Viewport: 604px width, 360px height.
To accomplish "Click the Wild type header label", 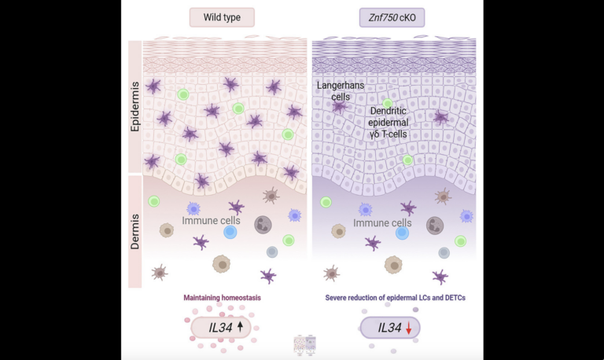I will coord(222,17).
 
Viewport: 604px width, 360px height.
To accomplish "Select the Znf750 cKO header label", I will coord(392,17).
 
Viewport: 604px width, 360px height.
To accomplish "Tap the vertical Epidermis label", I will coord(135,107).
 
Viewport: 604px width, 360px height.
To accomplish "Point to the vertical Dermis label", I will coord(135,231).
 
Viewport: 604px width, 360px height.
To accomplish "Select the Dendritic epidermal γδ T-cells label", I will coord(398,123).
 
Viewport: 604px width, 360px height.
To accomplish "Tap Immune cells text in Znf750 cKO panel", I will coord(382,223).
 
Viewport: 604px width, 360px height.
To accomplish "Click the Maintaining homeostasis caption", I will coord(222,299).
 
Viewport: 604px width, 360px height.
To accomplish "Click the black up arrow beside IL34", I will coord(240,325).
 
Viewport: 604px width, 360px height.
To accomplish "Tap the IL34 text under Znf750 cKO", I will coord(390,328).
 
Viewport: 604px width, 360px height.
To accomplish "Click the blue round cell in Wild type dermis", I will coord(230,233).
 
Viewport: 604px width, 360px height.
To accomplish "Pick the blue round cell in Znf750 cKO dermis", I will coord(402,233).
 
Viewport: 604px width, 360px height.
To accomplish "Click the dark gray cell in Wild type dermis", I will coord(263,226).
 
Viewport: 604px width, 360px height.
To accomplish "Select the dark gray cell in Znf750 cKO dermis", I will coord(435,226).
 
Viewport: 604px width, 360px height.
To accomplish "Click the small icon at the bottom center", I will coord(304,343).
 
